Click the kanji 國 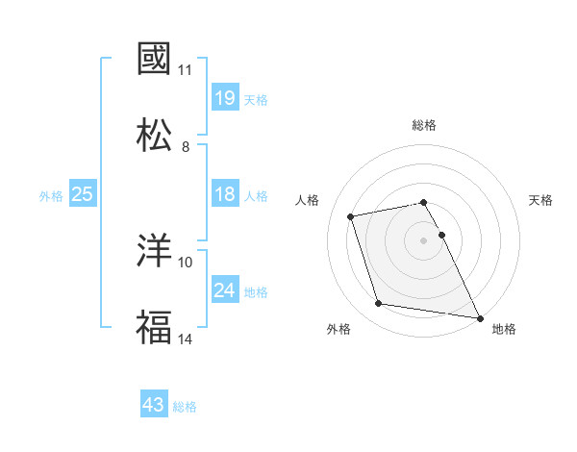point(155,60)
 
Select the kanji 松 point(155,135)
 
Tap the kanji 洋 point(155,251)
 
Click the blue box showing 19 point(224,98)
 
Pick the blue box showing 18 point(224,195)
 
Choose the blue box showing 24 point(224,290)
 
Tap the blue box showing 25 point(82,195)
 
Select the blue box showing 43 point(154,406)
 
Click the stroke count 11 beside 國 point(186,70)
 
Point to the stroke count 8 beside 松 point(186,147)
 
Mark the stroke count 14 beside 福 point(186,339)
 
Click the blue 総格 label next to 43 point(185,407)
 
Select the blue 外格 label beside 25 point(51,196)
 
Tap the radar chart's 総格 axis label point(424,125)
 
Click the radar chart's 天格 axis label point(541,200)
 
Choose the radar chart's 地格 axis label point(504,329)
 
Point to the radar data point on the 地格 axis point(478,316)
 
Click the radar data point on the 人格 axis point(351,215)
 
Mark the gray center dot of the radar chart point(424,240)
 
